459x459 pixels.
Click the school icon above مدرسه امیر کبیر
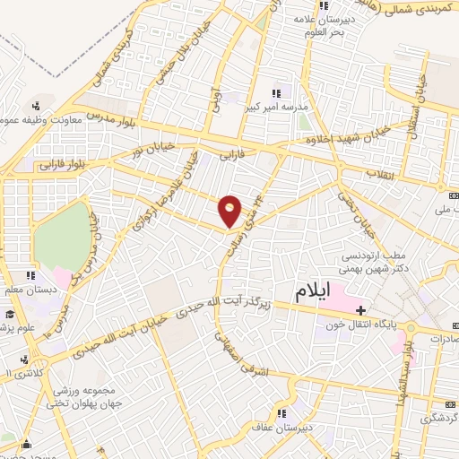point(277,92)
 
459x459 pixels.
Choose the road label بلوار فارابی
point(61,165)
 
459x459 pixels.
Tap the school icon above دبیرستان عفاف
point(281,413)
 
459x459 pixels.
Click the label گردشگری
point(439,393)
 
